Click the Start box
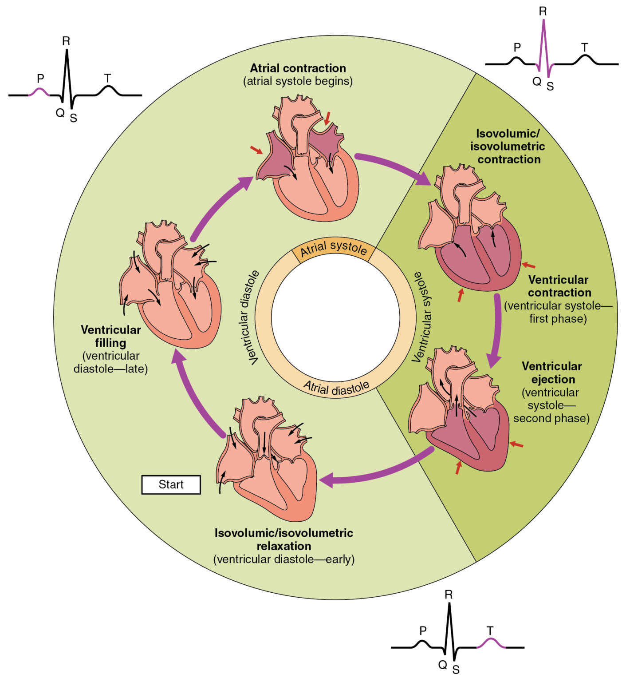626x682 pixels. (x=171, y=484)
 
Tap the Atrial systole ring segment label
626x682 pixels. (x=334, y=249)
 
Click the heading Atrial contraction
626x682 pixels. (x=298, y=68)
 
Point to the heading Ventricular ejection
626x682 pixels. (x=552, y=373)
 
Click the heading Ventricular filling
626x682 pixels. (x=110, y=336)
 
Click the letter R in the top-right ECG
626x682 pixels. (x=543, y=12)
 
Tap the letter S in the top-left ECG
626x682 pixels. (x=74, y=118)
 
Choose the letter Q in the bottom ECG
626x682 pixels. (x=442, y=664)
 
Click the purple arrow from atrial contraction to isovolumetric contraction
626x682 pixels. (x=395, y=167)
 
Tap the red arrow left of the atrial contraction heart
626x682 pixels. (x=256, y=150)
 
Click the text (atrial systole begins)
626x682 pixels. (x=298, y=81)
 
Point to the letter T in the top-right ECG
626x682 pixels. (x=584, y=47)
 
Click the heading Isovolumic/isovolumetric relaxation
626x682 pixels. (x=284, y=539)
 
